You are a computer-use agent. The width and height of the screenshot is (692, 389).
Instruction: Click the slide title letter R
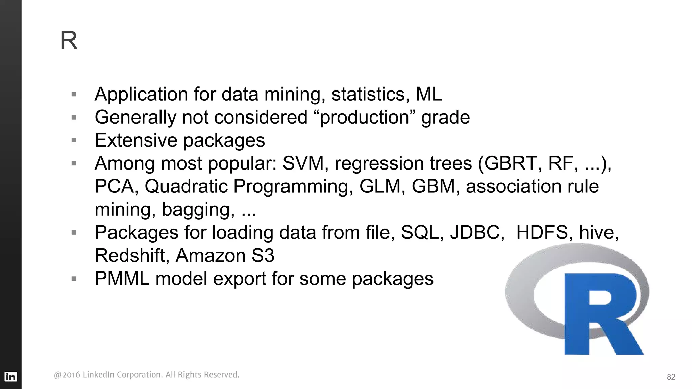tap(69, 41)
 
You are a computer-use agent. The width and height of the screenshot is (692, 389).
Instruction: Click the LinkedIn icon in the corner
tap(10, 377)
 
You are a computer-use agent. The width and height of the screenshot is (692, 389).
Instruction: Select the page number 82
tap(671, 377)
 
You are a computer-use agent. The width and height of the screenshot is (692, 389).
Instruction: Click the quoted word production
tap(365, 118)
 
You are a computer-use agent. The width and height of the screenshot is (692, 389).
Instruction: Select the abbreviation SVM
tap(303, 163)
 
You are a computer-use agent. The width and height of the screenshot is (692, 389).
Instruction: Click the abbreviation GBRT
tap(511, 163)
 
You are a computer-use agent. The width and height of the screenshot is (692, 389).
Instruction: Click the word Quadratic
tap(186, 186)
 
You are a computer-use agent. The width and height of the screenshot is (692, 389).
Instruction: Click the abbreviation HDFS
tap(542, 233)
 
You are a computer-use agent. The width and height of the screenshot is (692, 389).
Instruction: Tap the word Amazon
tap(210, 256)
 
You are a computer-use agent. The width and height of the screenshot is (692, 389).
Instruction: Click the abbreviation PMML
tap(122, 279)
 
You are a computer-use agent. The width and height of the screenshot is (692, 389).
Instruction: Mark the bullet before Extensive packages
tap(74, 140)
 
